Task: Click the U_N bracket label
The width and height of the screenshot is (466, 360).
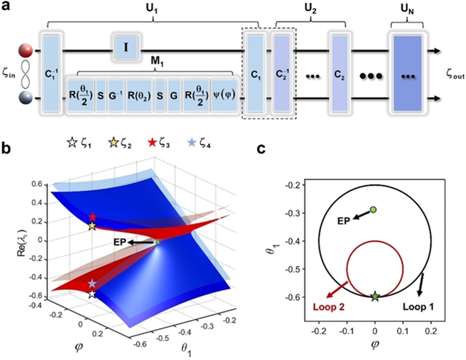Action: click(410, 12)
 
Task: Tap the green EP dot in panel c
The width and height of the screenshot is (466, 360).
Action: click(373, 210)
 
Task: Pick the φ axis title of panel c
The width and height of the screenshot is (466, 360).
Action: click(375, 349)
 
